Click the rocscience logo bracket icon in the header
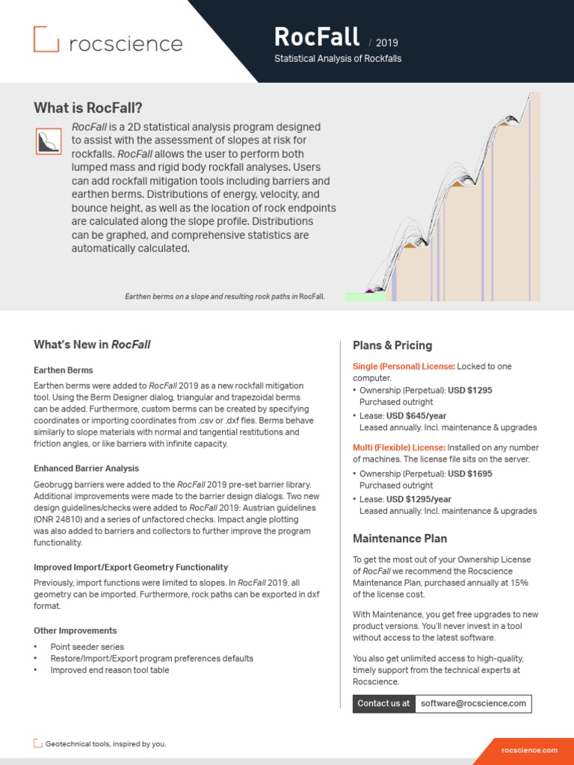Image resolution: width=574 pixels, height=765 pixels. click(46, 39)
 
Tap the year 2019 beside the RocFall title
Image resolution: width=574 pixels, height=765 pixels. click(387, 43)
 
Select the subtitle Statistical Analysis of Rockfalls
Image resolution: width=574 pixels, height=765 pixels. click(338, 59)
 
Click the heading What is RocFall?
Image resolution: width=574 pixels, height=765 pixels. click(88, 108)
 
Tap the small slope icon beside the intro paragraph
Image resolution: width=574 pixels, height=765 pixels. click(49, 141)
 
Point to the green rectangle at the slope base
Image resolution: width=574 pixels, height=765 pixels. click(365, 297)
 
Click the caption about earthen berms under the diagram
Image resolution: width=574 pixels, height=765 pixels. click(225, 297)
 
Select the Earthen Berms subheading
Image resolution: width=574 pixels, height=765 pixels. click(64, 370)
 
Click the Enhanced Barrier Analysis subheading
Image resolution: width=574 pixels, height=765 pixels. click(86, 468)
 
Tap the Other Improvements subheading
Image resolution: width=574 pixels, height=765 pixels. click(75, 631)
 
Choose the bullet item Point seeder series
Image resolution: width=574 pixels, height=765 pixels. click(87, 647)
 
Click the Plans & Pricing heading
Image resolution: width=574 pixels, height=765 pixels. click(392, 345)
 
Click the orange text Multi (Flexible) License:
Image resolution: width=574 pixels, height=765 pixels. click(398, 447)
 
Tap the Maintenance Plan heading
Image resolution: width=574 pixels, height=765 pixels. click(399, 539)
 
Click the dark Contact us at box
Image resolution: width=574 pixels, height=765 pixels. click(383, 703)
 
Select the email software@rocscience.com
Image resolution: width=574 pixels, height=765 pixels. click(473, 703)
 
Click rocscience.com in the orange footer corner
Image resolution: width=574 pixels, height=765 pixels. click(530, 750)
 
